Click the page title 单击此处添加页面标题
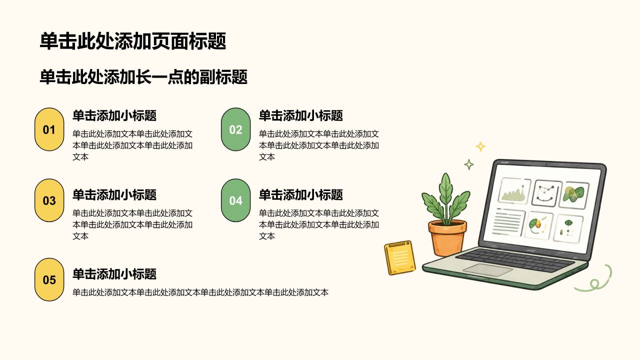[133, 41]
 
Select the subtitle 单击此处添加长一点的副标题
[143, 77]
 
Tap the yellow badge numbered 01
[49, 129]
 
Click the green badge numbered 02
[235, 129]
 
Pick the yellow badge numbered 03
[49, 200]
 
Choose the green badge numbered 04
[235, 200]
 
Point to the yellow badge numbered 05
[49, 279]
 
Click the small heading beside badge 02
[301, 115]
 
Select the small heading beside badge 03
[114, 195]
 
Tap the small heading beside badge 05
[114, 274]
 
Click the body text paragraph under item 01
[132, 145]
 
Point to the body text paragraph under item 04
[319, 224]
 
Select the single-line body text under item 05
[200, 292]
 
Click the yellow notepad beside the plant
[399, 257]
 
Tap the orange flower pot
[447, 238]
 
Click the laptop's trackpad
[487, 269]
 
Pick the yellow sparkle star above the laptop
[480, 146]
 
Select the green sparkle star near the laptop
[468, 164]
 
